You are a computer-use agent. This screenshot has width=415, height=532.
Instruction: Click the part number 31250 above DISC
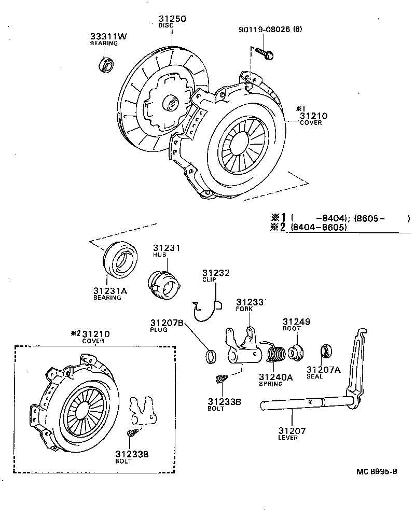click(x=172, y=19)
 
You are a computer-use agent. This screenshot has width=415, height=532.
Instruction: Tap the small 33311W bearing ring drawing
click(x=106, y=66)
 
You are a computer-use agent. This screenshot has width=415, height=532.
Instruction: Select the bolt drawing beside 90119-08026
click(x=266, y=53)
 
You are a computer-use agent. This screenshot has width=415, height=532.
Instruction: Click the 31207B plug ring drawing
click(x=210, y=356)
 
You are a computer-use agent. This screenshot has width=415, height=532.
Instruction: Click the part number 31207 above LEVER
click(x=292, y=430)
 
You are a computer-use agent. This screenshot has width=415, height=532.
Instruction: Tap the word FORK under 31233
click(x=244, y=309)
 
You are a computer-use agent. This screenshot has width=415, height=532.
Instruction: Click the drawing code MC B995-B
click(x=377, y=471)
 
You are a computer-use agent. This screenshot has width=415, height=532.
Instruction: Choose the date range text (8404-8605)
click(x=318, y=227)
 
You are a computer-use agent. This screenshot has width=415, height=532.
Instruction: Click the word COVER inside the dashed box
click(x=93, y=341)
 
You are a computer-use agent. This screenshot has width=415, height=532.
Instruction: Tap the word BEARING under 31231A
click(x=107, y=298)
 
